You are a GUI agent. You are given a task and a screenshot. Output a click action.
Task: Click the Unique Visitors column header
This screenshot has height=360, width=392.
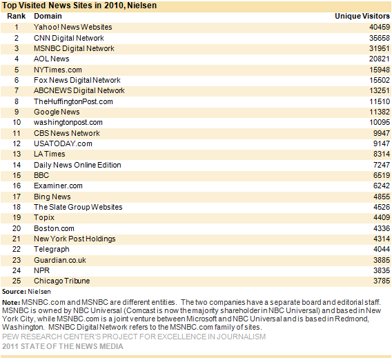pos(362,17)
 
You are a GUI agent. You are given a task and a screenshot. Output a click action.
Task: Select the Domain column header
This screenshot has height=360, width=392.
pos(48,17)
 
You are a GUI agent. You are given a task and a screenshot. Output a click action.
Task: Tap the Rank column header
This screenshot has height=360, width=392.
pos(17,17)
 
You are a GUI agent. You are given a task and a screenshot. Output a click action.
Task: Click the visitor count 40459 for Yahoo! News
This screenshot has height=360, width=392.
pos(380,27)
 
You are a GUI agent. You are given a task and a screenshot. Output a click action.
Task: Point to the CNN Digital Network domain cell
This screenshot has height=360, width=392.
pos(69,38)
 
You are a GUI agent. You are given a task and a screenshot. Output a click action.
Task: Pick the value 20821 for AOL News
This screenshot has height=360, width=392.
pos(380,59)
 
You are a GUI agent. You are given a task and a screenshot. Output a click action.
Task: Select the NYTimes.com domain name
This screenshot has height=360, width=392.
pos(58,70)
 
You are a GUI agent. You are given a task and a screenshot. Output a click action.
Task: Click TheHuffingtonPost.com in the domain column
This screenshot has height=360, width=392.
pos(73,101)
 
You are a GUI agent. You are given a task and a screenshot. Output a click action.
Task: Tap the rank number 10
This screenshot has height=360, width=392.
pos(17,123)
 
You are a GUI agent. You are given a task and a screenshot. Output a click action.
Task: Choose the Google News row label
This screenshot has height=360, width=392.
pos(57,112)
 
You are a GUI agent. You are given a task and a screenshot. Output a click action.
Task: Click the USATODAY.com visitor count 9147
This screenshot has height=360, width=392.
pos(382,143)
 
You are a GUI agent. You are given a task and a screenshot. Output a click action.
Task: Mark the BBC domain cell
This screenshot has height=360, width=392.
pos(41,175)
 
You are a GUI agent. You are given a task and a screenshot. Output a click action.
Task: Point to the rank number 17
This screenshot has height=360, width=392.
pos(17,197)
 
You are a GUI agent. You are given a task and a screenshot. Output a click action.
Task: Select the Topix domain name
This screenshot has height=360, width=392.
pos(44,218)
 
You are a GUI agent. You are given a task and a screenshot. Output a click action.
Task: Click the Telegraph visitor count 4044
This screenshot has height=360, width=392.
pos(382,249)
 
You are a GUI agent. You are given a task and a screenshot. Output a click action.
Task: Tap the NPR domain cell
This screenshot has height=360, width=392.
pos(41,270)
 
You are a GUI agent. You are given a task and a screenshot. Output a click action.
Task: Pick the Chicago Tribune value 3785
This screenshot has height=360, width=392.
pos(382,281)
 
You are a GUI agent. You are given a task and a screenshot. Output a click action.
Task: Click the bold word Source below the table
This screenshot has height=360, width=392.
pos(14,292)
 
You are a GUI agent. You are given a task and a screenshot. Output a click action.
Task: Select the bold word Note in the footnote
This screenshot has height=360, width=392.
pos(11,303)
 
